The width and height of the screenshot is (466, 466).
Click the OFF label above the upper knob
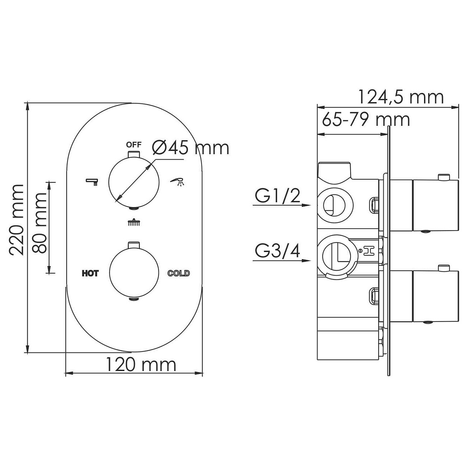coord(134,145)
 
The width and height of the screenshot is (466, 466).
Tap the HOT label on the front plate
coord(90,274)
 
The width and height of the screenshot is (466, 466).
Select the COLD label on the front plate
coord(179,273)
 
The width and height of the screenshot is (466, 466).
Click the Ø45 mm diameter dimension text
coord(191,148)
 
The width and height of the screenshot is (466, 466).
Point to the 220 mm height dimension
coord(16,220)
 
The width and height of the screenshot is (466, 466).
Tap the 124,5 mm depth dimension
coord(401,98)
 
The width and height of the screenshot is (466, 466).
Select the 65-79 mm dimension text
coord(366,119)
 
